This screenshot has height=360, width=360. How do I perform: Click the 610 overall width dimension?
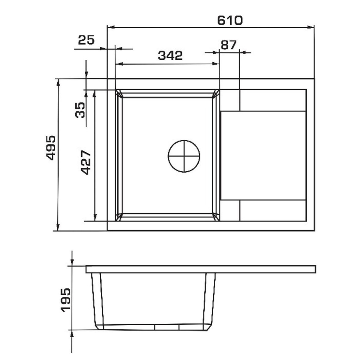tap(230, 20)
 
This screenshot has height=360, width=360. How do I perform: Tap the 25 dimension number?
tap(86, 40)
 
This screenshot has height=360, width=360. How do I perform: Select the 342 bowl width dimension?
tap(170, 55)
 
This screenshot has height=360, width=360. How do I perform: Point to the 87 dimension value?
tap(228, 45)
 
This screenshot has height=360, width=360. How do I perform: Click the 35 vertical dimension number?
tap(80, 110)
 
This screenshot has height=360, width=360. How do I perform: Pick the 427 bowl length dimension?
tap(86, 162)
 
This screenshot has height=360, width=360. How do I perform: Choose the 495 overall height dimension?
tap(51, 148)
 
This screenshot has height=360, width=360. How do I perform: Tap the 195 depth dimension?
tap(66, 300)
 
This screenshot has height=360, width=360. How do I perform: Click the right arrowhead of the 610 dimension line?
tap(311, 27)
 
